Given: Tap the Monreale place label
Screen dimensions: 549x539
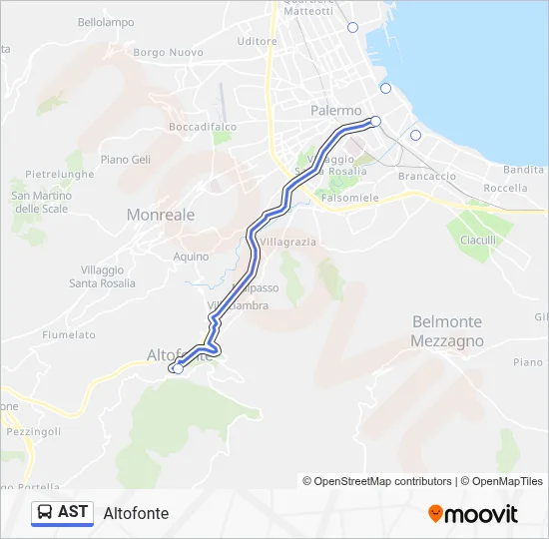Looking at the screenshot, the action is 161,215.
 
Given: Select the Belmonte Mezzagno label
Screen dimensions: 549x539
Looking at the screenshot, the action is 446,331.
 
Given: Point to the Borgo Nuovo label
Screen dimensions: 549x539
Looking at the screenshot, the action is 168,52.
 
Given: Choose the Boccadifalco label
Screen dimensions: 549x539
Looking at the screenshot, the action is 203,127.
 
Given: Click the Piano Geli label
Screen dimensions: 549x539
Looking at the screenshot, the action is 126,160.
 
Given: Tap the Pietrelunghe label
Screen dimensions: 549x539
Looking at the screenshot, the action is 60,174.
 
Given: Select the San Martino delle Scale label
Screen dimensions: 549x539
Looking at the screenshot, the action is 41,203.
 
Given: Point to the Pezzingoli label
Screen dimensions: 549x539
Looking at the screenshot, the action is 33,431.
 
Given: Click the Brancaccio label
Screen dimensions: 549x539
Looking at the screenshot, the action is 426,176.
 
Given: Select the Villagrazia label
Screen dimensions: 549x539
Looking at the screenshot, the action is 288,243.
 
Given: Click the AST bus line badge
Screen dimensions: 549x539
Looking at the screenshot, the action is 62,512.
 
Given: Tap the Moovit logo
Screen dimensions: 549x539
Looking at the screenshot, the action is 473,513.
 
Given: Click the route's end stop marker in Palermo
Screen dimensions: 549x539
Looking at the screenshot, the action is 375,121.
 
